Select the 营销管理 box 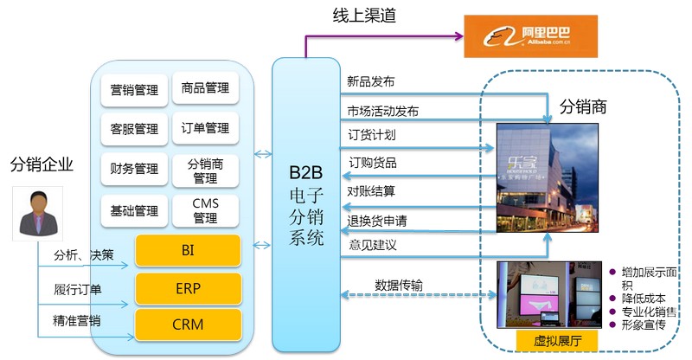click(134, 89)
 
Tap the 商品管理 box click(205, 88)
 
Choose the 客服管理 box click(134, 129)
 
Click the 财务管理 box click(134, 169)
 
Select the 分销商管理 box click(205, 170)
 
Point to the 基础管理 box click(134, 209)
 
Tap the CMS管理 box click(205, 210)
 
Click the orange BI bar click(188, 251)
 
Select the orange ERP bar click(188, 288)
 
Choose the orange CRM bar click(188, 324)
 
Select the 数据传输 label click(399, 284)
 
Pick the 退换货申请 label click(377, 221)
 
